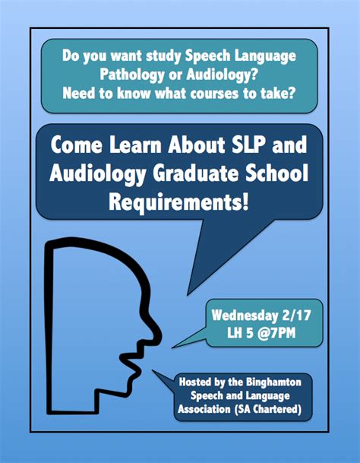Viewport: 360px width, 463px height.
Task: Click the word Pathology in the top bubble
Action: pyautogui.click(x=132, y=75)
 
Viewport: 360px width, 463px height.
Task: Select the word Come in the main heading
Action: pyautogui.click(x=77, y=144)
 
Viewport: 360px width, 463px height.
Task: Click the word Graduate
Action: pyautogui.click(x=196, y=173)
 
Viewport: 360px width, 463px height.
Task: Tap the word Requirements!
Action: pyautogui.click(x=178, y=202)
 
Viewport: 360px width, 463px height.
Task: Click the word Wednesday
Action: pyautogui.click(x=245, y=316)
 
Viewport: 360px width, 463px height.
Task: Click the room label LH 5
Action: pyautogui.click(x=240, y=333)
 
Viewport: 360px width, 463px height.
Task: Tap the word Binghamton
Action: pyautogui.click(x=274, y=382)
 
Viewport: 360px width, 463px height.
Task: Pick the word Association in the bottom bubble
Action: pyautogui.click(x=204, y=409)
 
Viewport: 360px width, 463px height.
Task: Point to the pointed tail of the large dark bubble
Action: pyautogui.click(x=188, y=294)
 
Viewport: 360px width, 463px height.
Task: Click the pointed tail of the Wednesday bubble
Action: pyautogui.click(x=172, y=347)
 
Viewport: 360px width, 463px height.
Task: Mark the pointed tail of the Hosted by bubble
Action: pyautogui.click(x=153, y=370)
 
